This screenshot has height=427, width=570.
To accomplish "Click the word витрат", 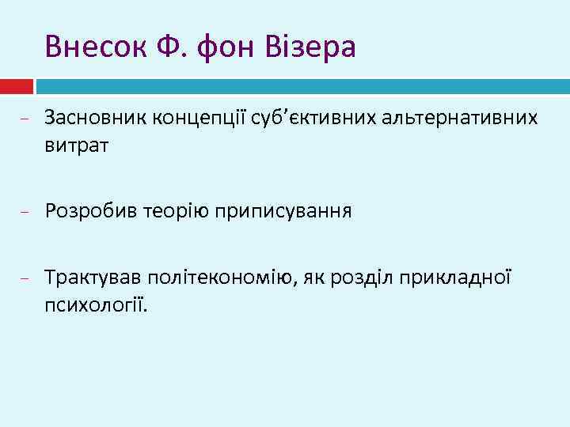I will pyautogui.click(x=77, y=145).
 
